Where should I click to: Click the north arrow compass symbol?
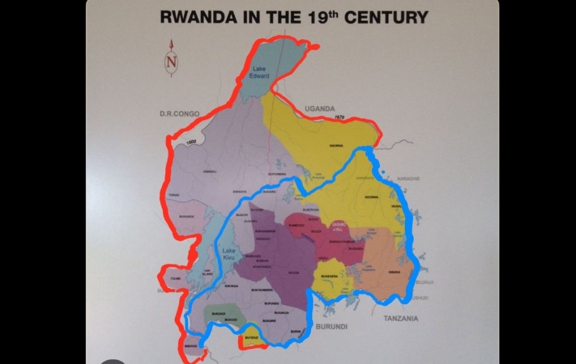pos(172,58)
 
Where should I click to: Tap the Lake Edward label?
pos(259,72)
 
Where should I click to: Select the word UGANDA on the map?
pos(320,109)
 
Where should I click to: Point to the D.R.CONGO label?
pos(179,114)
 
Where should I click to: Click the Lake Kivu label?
pos(229,254)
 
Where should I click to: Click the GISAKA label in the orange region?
pos(395,272)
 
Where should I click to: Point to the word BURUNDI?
pos(331,326)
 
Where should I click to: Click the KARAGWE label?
pos(408,179)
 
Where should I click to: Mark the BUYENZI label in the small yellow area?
pos(251,338)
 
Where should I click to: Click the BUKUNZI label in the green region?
pos(219,313)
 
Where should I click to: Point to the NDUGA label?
pos(293,273)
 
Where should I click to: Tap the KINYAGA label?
pos(232,286)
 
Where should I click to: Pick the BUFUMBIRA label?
pos(277,174)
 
